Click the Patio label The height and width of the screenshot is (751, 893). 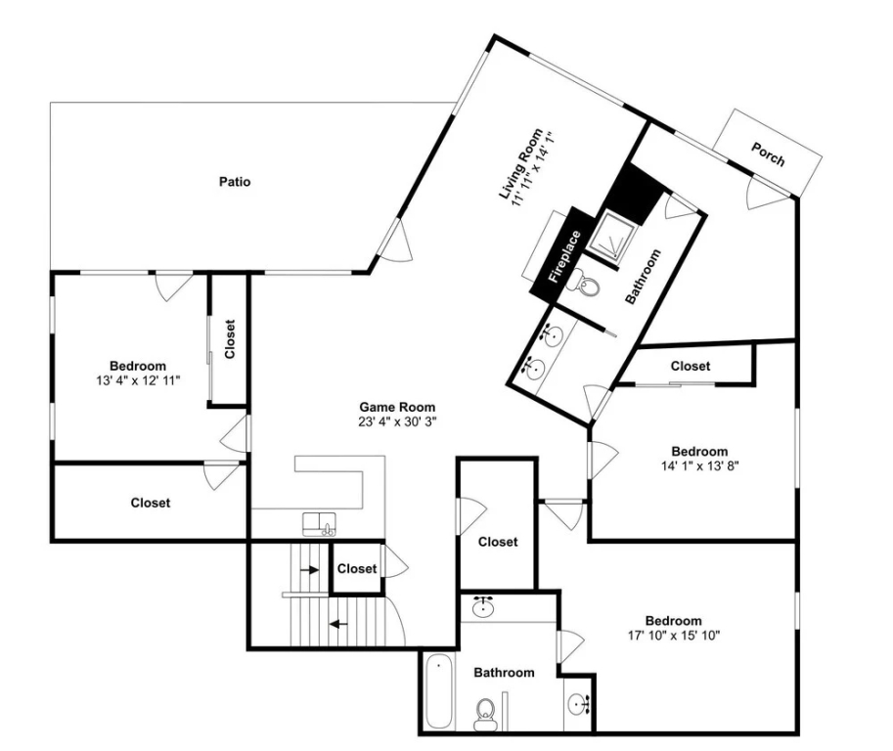[235, 182]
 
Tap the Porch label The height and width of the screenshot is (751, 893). [768, 155]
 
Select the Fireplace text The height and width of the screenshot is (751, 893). [564, 256]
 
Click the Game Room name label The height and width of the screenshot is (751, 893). [397, 407]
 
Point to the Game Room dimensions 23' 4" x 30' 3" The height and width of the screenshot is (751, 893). [397, 421]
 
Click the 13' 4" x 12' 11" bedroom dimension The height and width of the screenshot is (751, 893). [138, 380]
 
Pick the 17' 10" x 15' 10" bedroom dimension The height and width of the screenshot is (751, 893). [674, 636]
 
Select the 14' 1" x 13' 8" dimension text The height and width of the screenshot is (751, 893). [700, 466]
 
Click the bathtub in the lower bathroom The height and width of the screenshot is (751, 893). [439, 690]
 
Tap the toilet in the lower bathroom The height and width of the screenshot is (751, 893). [485, 715]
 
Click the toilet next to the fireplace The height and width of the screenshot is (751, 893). [587, 283]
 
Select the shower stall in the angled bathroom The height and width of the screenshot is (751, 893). [611, 238]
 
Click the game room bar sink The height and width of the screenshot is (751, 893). [319, 524]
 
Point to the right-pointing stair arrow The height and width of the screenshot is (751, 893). [310, 569]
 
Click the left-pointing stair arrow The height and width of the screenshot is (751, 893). [338, 624]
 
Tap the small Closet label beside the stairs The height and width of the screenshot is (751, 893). [357, 569]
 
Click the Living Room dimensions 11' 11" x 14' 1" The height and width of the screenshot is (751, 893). [534, 171]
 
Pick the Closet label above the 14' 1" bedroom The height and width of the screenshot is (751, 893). [691, 366]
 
